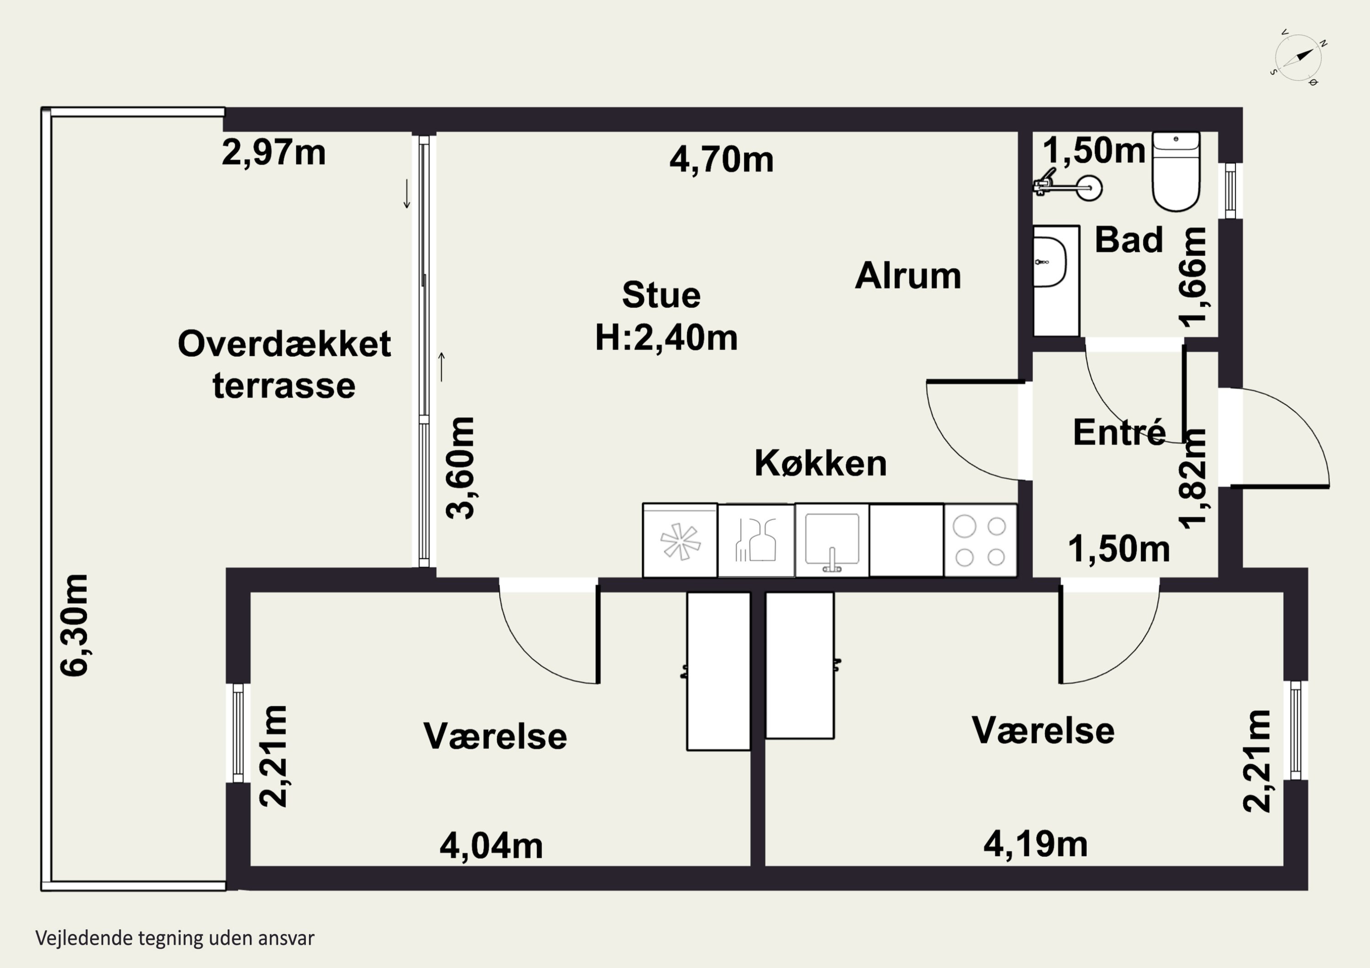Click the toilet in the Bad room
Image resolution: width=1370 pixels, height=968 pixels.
(x=1175, y=172)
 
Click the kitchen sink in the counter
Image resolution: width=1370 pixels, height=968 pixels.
(x=832, y=541)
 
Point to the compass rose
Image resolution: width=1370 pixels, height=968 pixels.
(x=1298, y=58)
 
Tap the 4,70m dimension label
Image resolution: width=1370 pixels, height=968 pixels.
(x=722, y=160)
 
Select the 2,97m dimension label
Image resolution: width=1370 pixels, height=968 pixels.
(x=274, y=153)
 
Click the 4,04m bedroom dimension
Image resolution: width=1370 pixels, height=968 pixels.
(x=491, y=846)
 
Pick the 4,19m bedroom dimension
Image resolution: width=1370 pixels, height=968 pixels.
(x=1035, y=844)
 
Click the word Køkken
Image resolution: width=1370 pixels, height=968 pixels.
(x=821, y=463)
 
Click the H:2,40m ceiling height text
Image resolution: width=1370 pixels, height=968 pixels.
(x=666, y=338)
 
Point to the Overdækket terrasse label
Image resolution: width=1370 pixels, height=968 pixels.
(x=284, y=364)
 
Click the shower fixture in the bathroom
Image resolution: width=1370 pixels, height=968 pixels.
(x=1068, y=185)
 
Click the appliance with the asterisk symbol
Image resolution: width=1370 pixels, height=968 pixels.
(x=680, y=540)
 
